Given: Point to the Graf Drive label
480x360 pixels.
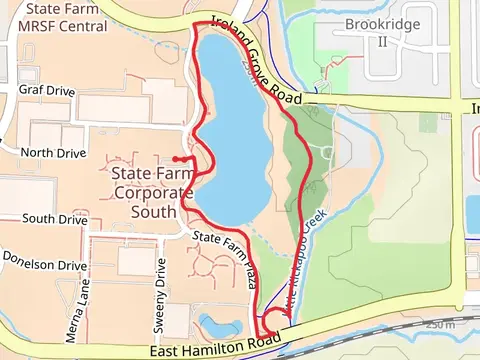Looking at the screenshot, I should pos(47,90).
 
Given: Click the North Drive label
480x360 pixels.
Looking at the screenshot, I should pos(50,153).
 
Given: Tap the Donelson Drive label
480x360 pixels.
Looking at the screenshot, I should pos(44,266).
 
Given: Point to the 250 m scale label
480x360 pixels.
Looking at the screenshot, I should pos(437,324).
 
